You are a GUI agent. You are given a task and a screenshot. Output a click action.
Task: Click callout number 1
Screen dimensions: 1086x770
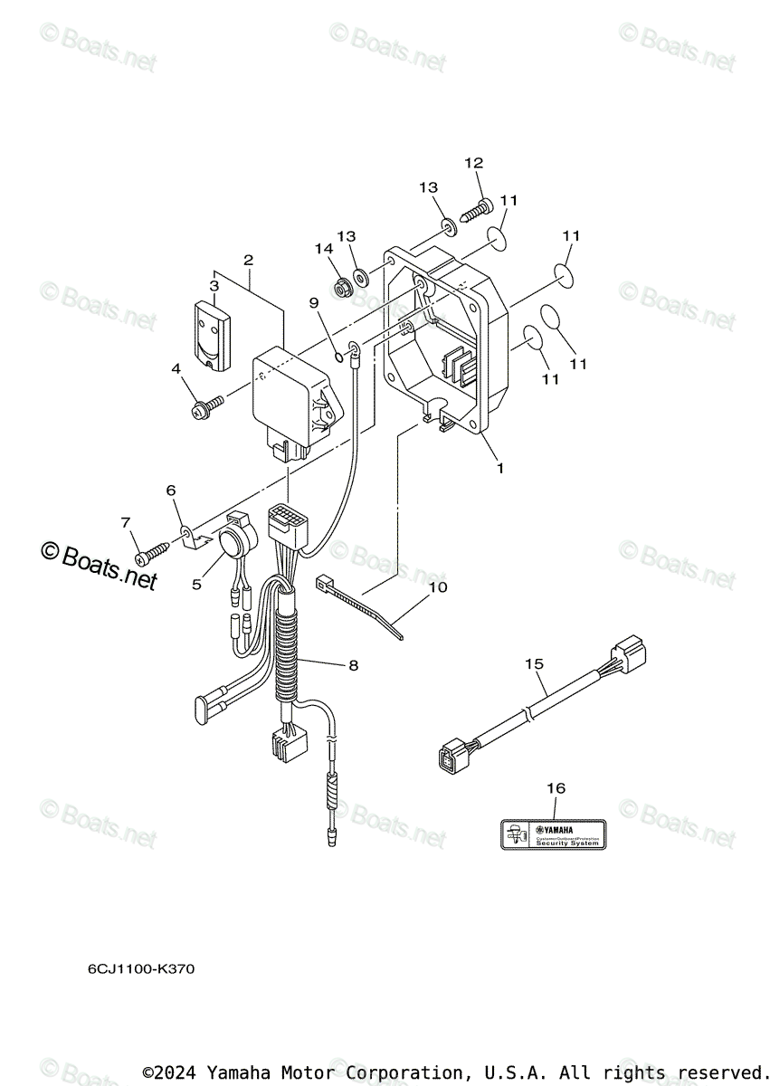tap(499, 469)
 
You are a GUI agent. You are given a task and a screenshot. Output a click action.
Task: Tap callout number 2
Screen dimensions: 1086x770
tap(247, 260)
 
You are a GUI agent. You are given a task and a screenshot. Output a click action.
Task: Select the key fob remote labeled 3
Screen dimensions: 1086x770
tap(210, 333)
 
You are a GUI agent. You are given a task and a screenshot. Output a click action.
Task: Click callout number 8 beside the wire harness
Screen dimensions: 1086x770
tap(353, 665)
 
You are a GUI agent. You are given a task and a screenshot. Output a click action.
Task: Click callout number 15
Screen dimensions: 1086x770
tap(534, 664)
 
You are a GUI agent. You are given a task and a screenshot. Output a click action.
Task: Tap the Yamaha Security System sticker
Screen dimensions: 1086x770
tap(554, 834)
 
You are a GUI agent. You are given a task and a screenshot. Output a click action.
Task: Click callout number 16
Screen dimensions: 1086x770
tap(556, 788)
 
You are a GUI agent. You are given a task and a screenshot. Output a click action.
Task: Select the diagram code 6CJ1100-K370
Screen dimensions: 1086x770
tap(140, 969)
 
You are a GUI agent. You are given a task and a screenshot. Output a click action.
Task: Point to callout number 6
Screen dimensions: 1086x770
tap(170, 490)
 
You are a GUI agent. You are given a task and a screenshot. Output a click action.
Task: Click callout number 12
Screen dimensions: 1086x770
tap(474, 163)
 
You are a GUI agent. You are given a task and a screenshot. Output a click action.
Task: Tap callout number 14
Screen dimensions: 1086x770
tap(324, 248)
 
